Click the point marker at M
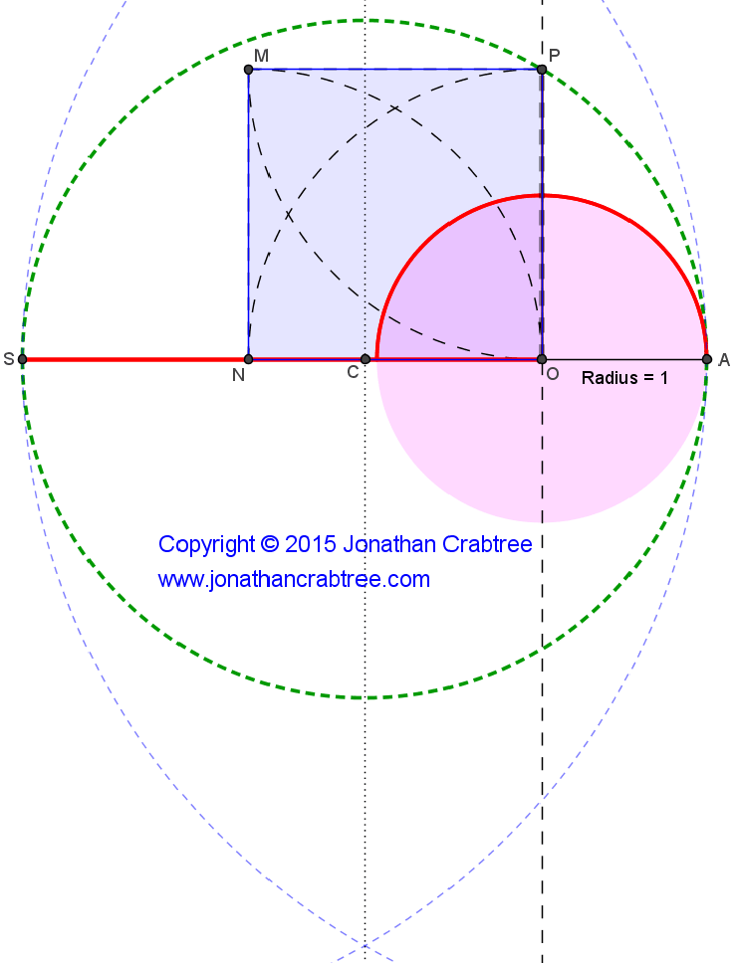pos(248,70)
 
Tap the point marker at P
pos(542,70)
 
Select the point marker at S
pos(22,359)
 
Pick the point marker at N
pos(248,359)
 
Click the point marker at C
pos(366,359)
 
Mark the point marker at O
pos(542,359)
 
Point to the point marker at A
pos(706,359)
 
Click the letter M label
pos(261,56)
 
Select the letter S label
pos(9,360)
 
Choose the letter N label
pos(238,375)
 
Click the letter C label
pos(353,373)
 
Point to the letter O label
pos(552,373)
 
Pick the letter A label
pos(724,360)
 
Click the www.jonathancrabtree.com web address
pos(294,579)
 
